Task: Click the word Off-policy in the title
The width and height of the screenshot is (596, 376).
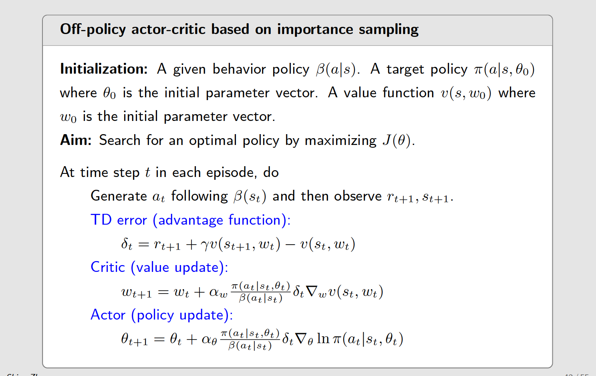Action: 93,30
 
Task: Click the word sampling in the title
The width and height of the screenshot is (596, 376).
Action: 389,30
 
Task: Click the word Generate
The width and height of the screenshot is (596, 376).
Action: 119,196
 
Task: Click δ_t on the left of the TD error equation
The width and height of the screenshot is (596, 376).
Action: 127,244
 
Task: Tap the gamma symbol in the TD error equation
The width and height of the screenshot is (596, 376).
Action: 205,245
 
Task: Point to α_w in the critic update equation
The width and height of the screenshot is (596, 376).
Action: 218,292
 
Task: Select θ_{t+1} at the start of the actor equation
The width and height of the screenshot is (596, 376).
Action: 134,340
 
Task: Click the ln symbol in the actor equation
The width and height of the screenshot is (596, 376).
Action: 323,339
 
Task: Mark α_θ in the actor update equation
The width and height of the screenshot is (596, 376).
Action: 209,340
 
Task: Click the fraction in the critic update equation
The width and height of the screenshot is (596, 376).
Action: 260,292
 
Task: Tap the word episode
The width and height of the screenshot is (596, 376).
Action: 230,172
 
